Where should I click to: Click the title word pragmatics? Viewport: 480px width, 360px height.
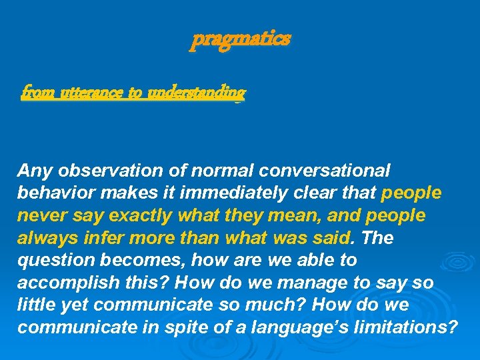241,39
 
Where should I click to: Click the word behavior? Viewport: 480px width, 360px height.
55,193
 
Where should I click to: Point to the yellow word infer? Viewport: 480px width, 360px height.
104,238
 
